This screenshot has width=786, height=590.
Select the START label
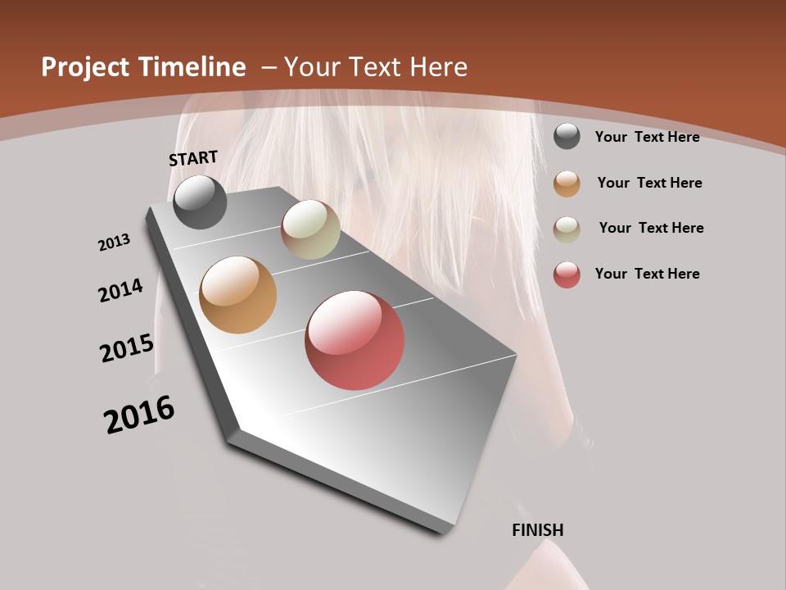(193, 157)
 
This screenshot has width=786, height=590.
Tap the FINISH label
(538, 530)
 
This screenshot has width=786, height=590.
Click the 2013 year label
(115, 243)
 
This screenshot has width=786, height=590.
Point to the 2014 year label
(121, 290)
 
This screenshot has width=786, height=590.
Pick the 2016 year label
(139, 415)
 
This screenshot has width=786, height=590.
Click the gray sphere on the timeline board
(200, 202)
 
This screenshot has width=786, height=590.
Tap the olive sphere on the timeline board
(310, 229)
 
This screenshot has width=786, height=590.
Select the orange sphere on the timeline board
(238, 295)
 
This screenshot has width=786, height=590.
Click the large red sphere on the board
(355, 340)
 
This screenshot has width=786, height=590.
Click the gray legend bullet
(567, 136)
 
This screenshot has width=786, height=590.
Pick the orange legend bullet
(567, 183)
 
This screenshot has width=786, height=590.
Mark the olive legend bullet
(567, 229)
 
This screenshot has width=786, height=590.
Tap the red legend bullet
(567, 275)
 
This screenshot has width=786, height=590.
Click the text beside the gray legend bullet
(647, 137)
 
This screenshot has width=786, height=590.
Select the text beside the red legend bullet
(647, 274)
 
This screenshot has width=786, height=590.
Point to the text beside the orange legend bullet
(649, 183)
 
